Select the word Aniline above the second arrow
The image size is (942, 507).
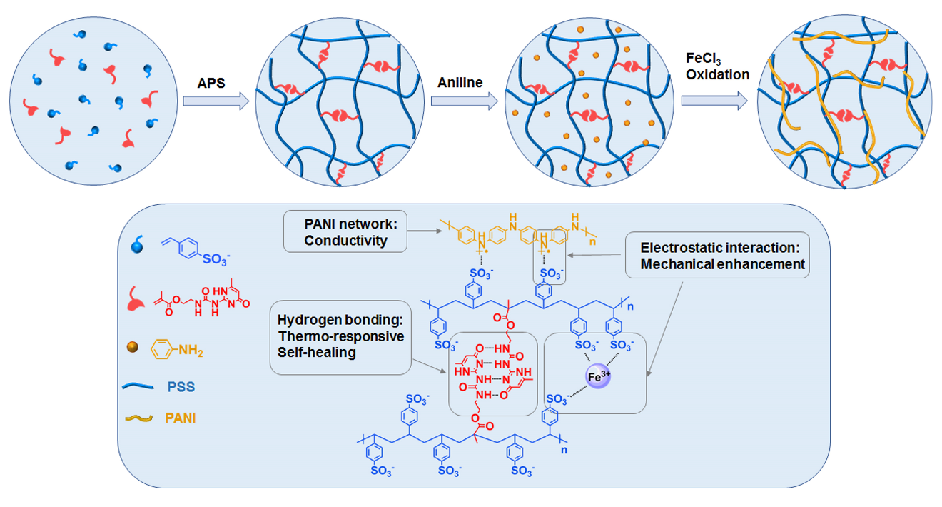click(x=460, y=83)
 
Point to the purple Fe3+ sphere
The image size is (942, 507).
click(x=600, y=376)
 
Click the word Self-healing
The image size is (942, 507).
click(x=318, y=351)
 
